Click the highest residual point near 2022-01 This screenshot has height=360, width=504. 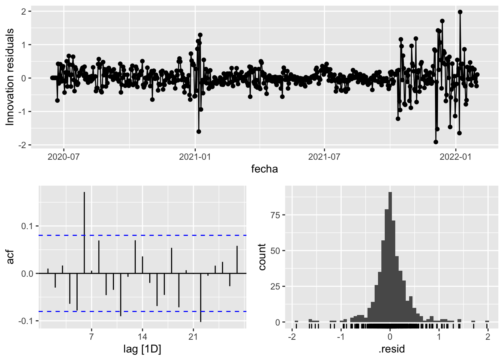pos(460,12)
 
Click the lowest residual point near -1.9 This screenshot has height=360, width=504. pos(436,142)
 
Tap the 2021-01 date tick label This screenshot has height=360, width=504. pos(195,156)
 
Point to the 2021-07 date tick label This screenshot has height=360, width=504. pos(324,156)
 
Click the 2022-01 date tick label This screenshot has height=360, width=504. pos(455,156)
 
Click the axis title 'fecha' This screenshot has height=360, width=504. pos(264,169)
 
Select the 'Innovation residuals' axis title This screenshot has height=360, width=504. pos(10,77)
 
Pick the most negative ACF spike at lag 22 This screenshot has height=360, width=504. pos(201,300)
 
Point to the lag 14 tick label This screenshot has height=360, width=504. pos(142,336)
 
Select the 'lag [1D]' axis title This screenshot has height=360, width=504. pos(142,349)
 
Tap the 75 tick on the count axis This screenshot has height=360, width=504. pos(275,215)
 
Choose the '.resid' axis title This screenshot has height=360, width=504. pos(392,349)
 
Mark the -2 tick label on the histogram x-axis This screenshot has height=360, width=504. pos(291,336)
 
